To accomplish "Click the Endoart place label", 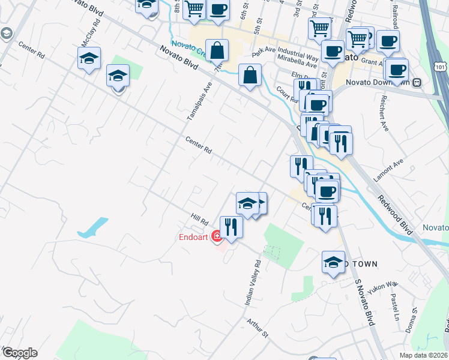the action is [x=193, y=236].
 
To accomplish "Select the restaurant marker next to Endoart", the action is [x=231, y=227].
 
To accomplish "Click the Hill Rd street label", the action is [x=199, y=221].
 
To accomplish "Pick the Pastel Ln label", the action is [x=395, y=305].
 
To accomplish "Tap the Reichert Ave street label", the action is [x=381, y=107].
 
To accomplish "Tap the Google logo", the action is [x=19, y=353].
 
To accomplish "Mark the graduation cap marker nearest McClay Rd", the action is [x=88, y=59].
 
